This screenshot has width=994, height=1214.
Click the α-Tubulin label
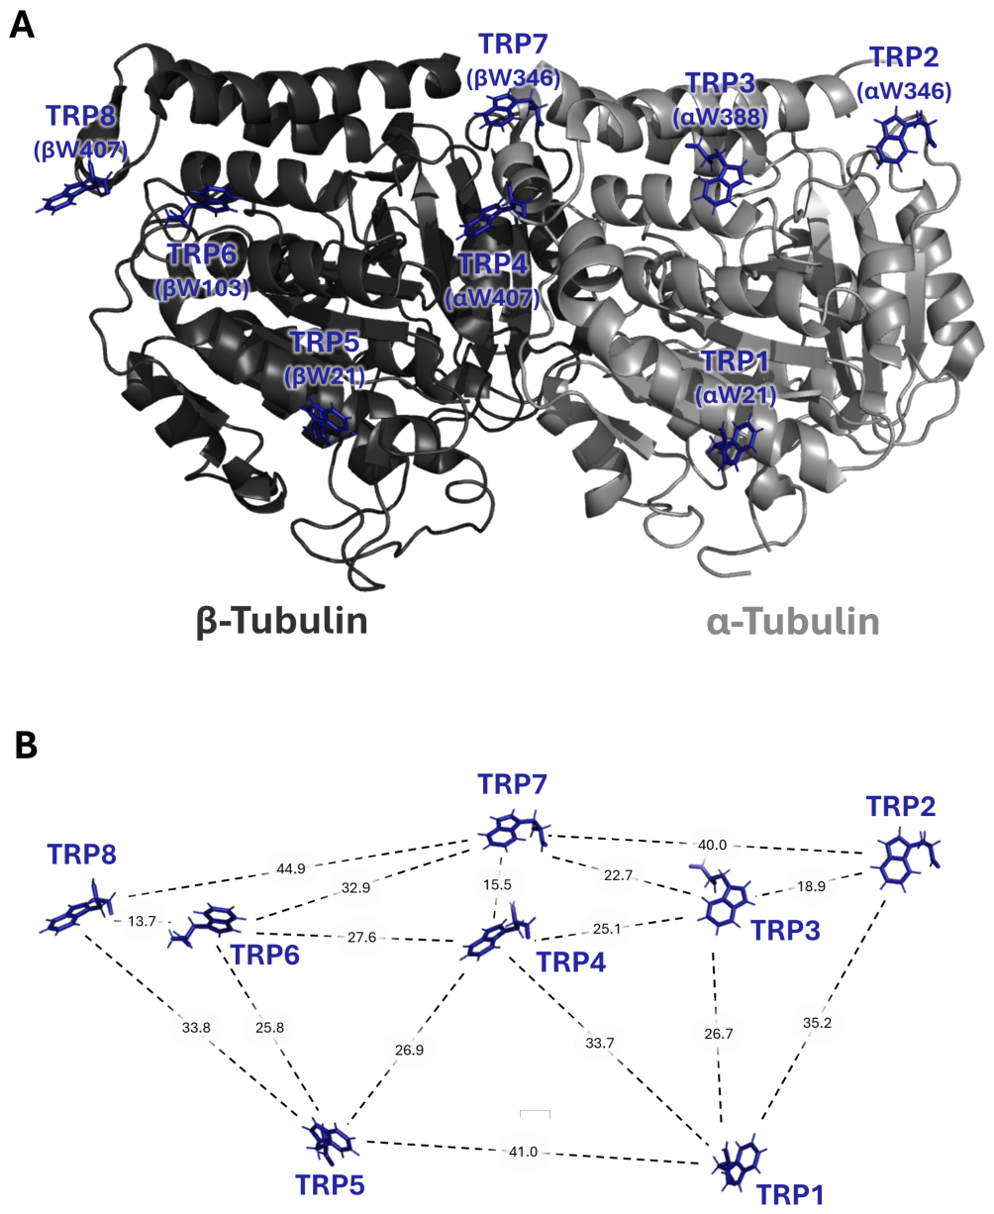tap(793, 622)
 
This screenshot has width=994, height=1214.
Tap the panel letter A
tap(22, 26)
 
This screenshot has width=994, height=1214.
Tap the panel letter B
tap(26, 746)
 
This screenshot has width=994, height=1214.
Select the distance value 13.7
tap(142, 922)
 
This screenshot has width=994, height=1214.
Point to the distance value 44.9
tap(291, 868)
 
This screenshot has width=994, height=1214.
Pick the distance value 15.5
tap(497, 884)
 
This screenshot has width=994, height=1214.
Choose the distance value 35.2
tap(818, 1023)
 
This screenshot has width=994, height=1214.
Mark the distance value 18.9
tap(812, 886)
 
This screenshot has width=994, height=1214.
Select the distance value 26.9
tap(409, 1050)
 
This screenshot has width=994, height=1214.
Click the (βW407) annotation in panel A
tap(80, 151)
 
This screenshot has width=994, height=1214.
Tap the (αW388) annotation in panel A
tap(720, 118)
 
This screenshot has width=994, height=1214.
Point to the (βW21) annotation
tap(325, 376)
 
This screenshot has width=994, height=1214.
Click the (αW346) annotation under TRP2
tap(904, 91)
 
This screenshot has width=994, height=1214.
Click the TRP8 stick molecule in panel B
tap(79, 908)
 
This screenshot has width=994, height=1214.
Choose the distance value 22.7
tap(618, 875)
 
